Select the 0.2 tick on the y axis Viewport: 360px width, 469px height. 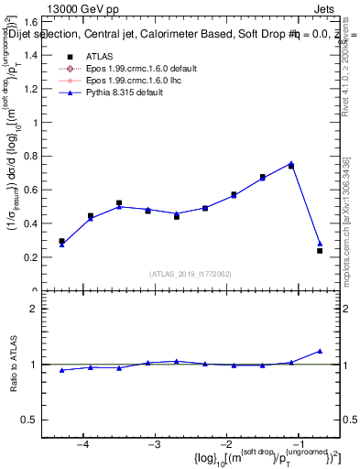(x=41, y=256)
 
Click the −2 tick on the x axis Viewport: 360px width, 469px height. (x=226, y=445)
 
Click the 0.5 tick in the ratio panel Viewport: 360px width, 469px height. (x=41, y=420)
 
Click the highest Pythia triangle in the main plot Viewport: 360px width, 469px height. (x=291, y=163)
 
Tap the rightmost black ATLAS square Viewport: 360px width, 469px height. (x=320, y=250)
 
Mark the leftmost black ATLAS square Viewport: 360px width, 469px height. (x=61, y=241)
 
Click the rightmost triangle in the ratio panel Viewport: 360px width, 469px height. (x=320, y=351)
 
